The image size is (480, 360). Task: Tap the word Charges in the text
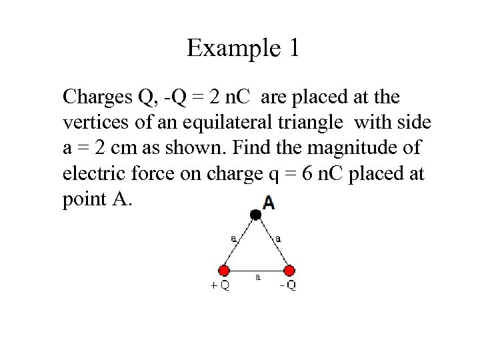(x=97, y=97)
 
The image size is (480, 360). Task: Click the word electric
(x=93, y=174)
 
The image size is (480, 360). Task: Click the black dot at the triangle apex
(x=255, y=215)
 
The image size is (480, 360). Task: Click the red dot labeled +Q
(x=224, y=270)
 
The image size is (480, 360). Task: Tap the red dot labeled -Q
(x=288, y=270)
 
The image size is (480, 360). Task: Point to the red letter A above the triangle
(x=269, y=203)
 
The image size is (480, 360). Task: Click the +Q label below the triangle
(x=221, y=285)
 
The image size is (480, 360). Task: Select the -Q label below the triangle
(x=288, y=285)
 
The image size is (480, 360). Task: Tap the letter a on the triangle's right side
(x=277, y=237)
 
